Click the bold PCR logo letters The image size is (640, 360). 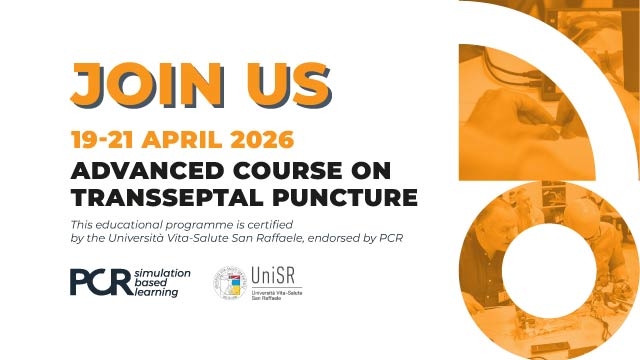point(100,282)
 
